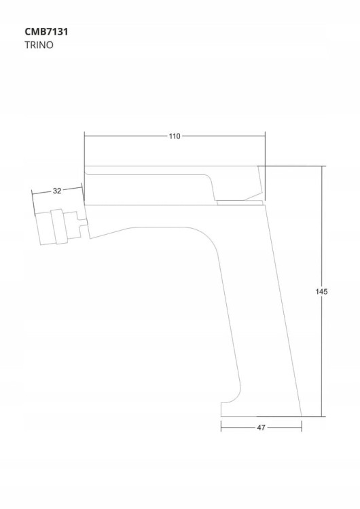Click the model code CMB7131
(x=46, y=32)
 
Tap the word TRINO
(x=39, y=45)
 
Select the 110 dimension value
(x=175, y=136)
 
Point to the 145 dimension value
(x=321, y=292)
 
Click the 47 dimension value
(x=261, y=428)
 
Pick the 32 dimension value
(x=57, y=191)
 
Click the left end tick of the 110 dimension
(x=84, y=136)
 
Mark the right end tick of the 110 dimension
(x=265, y=136)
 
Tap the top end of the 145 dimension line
(x=322, y=166)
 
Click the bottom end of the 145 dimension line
(x=322, y=416)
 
